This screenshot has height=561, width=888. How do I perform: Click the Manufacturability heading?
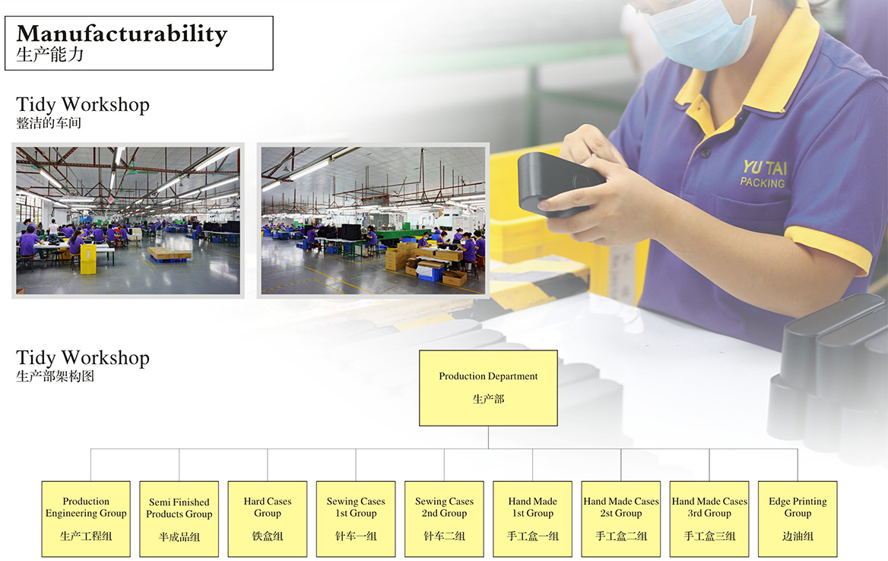(122, 34)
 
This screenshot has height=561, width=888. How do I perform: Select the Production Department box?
(488, 388)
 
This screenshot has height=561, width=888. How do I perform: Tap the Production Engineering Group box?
(86, 519)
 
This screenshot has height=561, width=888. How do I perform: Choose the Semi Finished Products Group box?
(179, 519)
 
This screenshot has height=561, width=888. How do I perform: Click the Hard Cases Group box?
(268, 519)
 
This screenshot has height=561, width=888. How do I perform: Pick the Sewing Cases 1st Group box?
(356, 519)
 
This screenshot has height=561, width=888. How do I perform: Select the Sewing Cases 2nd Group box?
(444, 519)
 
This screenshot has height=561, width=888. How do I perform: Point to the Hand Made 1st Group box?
(532, 519)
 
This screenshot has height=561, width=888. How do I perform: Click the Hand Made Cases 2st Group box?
(620, 519)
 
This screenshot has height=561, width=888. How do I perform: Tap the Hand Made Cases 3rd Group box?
(709, 519)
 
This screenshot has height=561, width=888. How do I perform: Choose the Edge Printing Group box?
(798, 519)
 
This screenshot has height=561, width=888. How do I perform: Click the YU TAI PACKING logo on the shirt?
(763, 174)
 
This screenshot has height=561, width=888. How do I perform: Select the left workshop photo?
(128, 220)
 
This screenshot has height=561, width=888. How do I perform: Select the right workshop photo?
(373, 220)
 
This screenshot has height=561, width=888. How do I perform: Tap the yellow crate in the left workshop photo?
(87, 260)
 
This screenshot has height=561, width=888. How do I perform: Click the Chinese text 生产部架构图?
(55, 376)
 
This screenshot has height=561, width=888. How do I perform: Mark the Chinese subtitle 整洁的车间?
(49, 123)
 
